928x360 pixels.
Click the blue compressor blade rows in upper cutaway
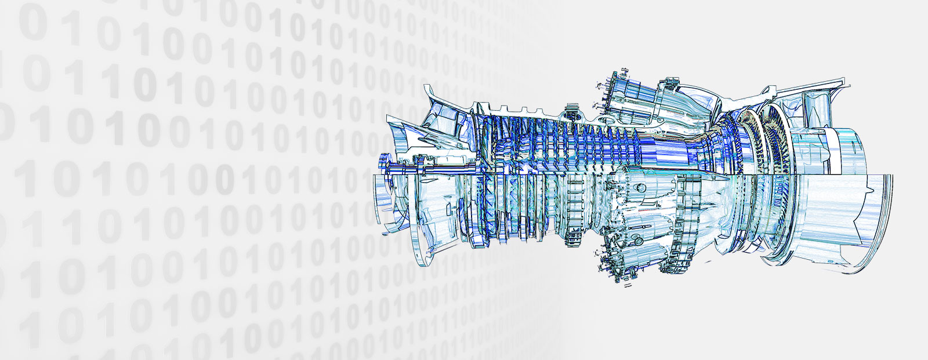tap(580, 145)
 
